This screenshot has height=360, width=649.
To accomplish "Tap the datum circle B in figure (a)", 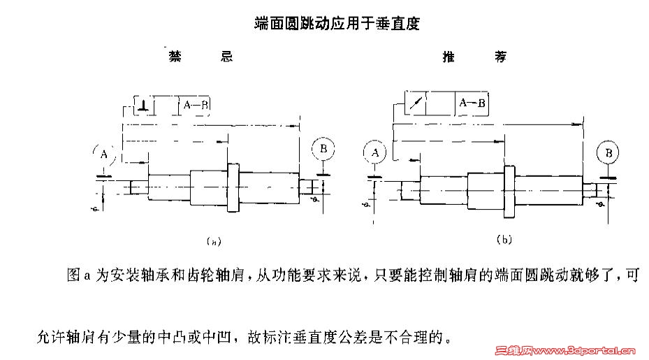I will pos(323,149).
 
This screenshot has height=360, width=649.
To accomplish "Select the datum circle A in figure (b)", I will pos(375,152).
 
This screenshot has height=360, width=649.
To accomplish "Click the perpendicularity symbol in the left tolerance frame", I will pos(143,105).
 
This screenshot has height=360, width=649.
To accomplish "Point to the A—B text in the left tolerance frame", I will pos(196,105).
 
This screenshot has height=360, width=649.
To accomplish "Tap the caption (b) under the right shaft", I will pos(504,240).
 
